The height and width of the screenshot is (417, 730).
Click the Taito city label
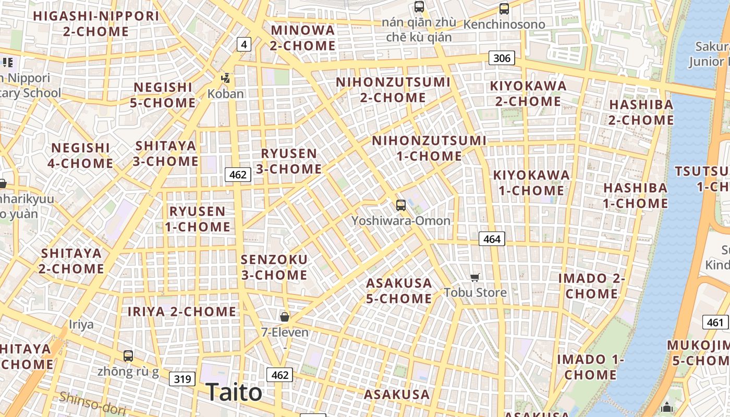coord(234,392)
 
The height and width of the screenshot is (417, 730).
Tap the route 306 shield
coord(502,58)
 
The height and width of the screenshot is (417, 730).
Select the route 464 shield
coord(492,239)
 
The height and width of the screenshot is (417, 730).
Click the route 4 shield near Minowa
coord(244,44)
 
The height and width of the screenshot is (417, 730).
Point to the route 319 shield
coord(182,379)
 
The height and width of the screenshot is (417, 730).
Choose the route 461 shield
coord(715,323)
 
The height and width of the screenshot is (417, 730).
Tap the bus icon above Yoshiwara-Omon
coord(400,205)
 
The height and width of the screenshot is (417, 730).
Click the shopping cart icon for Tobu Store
coord(475,277)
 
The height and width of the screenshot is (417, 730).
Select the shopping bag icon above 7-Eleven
coord(285,316)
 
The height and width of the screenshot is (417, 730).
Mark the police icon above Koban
coord(226,78)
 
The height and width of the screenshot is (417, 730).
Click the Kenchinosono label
coord(504,24)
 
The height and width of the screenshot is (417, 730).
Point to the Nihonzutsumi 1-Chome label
coord(429,148)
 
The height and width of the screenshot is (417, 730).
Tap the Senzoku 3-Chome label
coord(274,267)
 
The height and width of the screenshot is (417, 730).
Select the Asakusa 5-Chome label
coord(399,291)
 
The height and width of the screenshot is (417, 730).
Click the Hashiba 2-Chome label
coord(641,112)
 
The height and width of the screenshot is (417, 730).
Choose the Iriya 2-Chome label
coord(182,312)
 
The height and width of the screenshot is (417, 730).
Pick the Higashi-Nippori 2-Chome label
coord(96,23)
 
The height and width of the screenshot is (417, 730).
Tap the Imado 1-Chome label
coord(590,367)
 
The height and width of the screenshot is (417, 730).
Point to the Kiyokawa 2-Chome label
coord(528,93)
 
